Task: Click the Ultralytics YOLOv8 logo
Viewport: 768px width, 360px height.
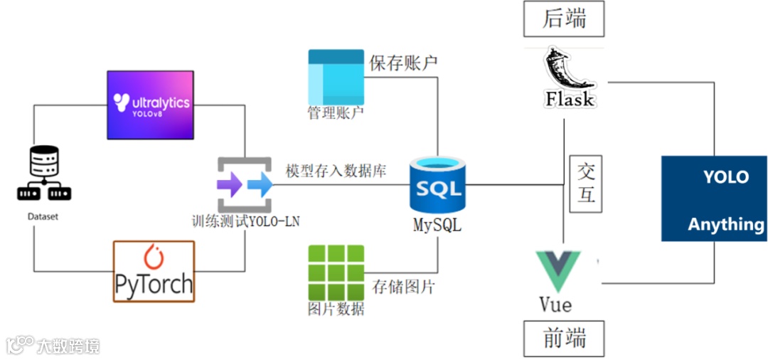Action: tap(150, 105)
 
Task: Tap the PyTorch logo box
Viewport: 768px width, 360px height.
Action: tap(154, 271)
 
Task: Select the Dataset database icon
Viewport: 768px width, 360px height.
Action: tap(43, 173)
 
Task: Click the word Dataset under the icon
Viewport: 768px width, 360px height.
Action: tap(43, 216)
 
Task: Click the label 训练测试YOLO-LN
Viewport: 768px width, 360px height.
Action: tap(246, 221)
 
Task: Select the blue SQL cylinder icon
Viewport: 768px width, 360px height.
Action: tap(438, 187)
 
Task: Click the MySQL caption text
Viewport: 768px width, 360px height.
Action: tap(437, 226)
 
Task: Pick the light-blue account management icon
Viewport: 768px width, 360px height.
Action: tap(336, 76)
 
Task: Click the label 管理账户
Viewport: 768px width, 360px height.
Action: tap(336, 113)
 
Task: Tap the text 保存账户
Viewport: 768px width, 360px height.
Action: tap(403, 63)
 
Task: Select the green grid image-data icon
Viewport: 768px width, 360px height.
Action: tap(336, 272)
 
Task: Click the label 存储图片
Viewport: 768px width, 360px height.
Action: tap(403, 287)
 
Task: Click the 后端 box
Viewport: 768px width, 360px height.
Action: tap(564, 19)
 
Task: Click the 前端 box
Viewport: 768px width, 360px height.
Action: tap(564, 339)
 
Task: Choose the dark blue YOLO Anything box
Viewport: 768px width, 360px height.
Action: tap(713, 199)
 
